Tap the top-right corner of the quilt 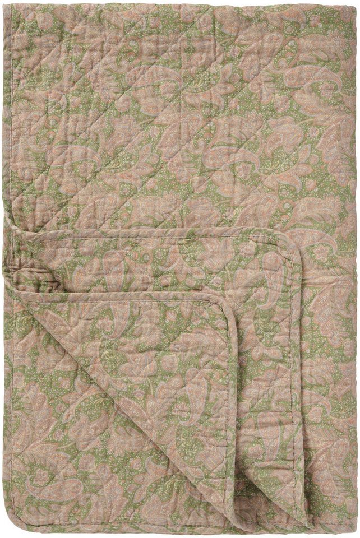point(354,4)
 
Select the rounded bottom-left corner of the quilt point(8,531)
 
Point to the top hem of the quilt point(179,4)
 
